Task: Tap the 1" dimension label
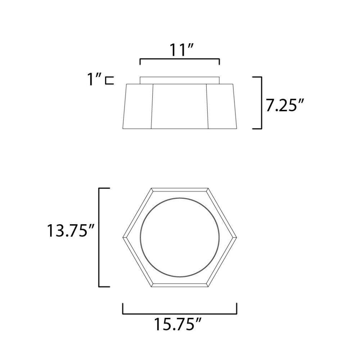pyautogui.click(x=94, y=79)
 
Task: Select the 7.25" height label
pyautogui.click(x=285, y=105)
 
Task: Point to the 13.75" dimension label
pyautogui.click(x=71, y=230)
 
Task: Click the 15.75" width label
pyautogui.click(x=177, y=324)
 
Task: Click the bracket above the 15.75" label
pyautogui.click(x=180, y=314)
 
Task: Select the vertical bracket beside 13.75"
pyautogui.click(x=99, y=237)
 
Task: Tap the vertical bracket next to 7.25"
pyautogui.click(x=261, y=103)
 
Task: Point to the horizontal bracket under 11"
pyautogui.click(x=180, y=59)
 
